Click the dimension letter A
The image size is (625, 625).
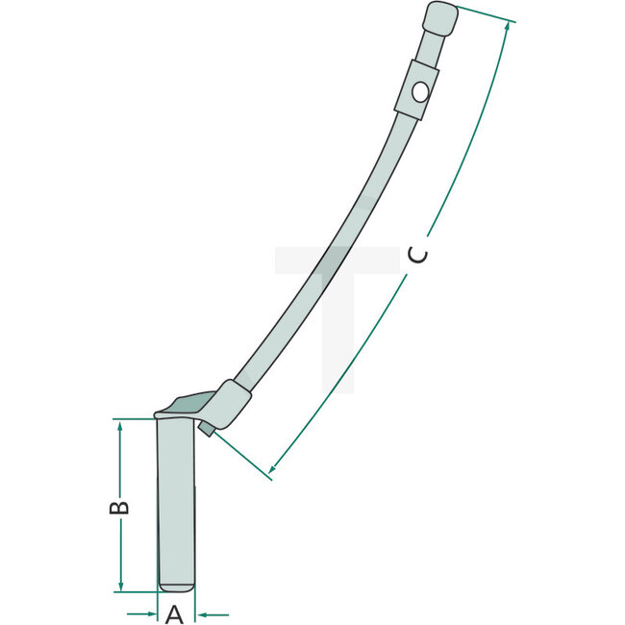coord(175,613)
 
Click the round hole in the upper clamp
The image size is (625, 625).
coord(419,92)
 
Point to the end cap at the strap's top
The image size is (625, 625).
coord(437,18)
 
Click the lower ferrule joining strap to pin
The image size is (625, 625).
coord(232,404)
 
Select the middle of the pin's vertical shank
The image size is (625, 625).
coord(176,500)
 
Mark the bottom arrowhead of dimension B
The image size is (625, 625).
coord(120,586)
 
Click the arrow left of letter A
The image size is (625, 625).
coord(146,612)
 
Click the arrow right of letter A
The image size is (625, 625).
coord(204,612)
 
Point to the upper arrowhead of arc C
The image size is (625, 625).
coord(507,26)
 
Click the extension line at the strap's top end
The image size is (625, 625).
coord(486,14)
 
